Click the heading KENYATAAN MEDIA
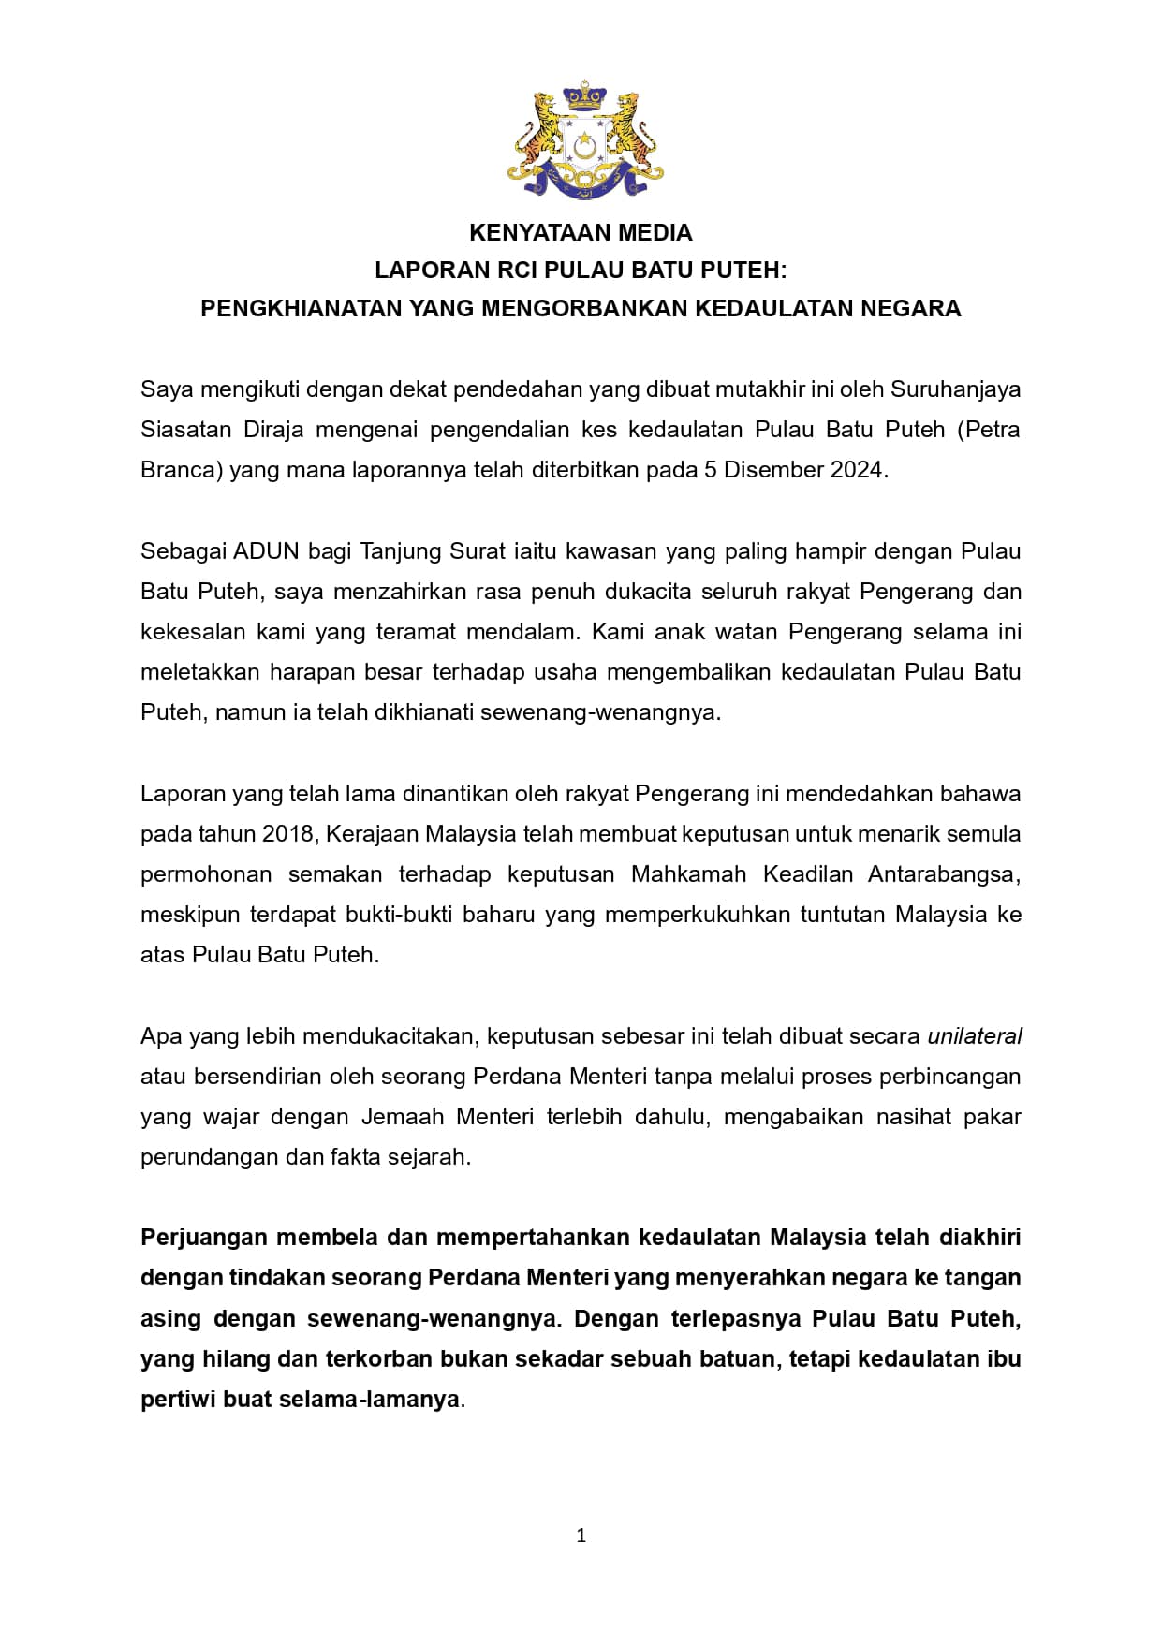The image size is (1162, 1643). tap(581, 232)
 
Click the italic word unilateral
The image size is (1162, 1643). tap(975, 1036)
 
